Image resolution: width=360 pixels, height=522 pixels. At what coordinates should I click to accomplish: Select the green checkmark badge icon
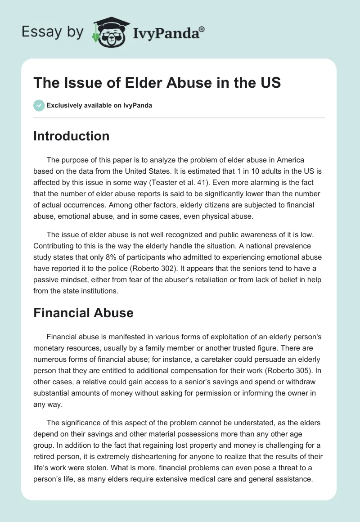(x=39, y=106)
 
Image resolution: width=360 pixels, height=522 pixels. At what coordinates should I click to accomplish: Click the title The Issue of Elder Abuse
(x=157, y=83)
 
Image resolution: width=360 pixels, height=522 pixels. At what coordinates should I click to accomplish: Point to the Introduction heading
(x=72, y=136)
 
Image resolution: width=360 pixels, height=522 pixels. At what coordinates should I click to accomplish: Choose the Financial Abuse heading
(x=84, y=313)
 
